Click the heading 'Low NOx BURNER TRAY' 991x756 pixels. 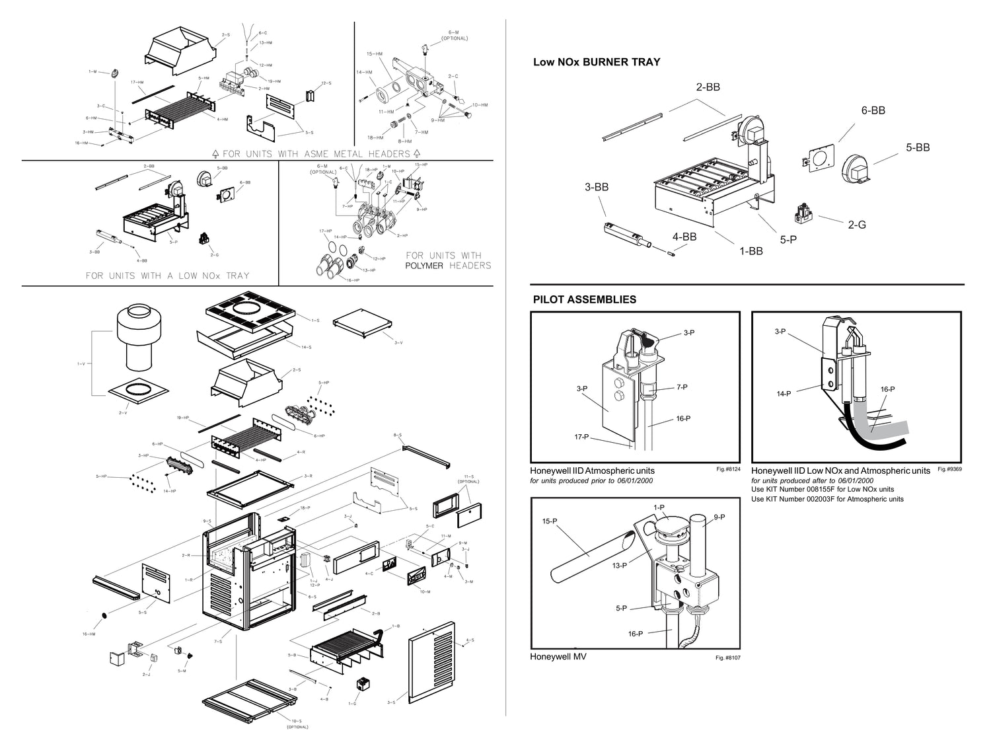(x=597, y=62)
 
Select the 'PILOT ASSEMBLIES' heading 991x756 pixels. (x=584, y=299)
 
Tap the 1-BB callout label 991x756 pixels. (x=751, y=250)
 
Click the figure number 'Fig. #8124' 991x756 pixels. (x=728, y=469)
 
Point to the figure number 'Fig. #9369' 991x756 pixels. (x=949, y=469)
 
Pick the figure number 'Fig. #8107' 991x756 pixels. (x=728, y=658)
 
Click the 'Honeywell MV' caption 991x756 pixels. (x=558, y=657)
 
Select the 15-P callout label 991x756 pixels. (x=550, y=521)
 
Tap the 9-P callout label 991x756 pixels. (x=719, y=517)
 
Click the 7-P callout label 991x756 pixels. (x=682, y=387)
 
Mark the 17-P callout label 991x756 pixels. (x=582, y=437)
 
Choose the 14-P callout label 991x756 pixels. (x=784, y=394)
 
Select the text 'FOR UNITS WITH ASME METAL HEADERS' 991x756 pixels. (x=316, y=153)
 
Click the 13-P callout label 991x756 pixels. (x=619, y=566)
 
